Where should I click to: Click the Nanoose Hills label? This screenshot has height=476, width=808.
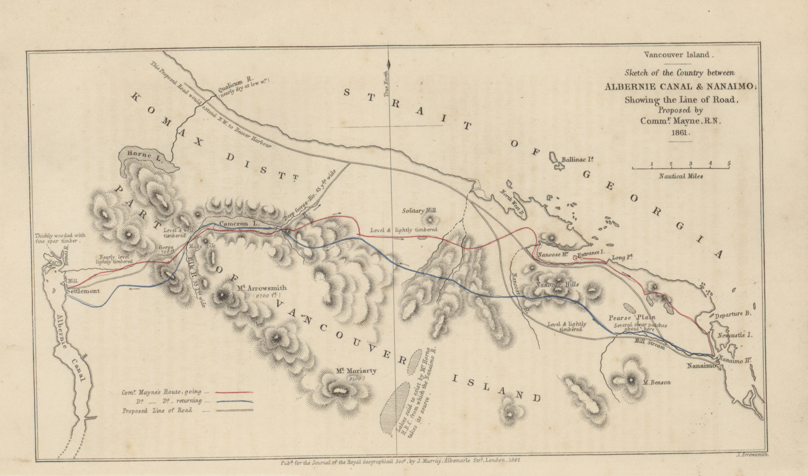click(x=557, y=284)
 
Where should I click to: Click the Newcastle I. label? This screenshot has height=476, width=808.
click(x=735, y=335)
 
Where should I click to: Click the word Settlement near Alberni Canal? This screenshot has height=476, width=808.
click(x=83, y=291)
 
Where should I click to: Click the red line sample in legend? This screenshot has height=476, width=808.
click(x=234, y=392)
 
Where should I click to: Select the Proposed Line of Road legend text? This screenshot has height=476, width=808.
click(x=157, y=410)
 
